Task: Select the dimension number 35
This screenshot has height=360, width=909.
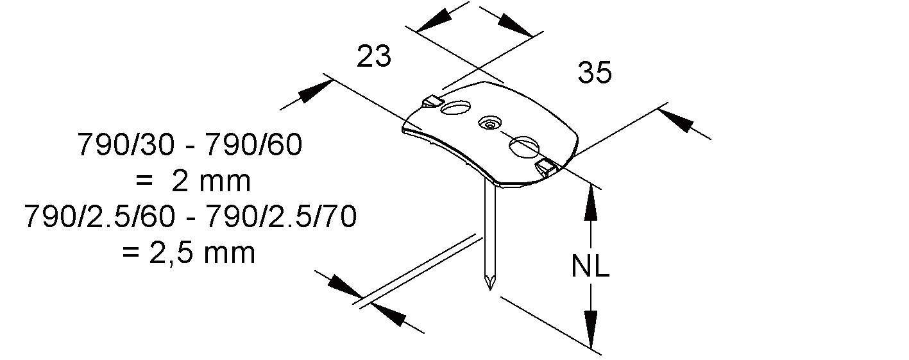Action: (595, 73)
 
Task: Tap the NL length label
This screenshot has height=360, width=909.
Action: (590, 267)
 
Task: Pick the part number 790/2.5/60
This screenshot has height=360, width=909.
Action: (99, 218)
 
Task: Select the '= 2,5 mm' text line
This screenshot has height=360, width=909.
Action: (189, 253)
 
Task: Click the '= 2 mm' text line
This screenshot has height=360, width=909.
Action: (192, 182)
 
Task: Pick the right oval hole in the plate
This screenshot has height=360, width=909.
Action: (523, 147)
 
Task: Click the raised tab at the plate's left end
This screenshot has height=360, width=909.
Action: (432, 101)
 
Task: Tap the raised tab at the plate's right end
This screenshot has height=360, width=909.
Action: (546, 168)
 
